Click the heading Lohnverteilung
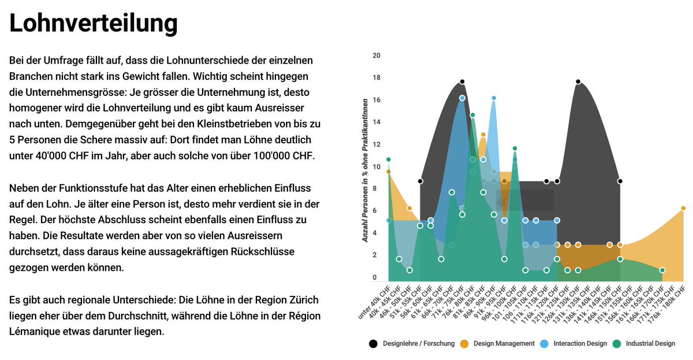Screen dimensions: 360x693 point(94,23)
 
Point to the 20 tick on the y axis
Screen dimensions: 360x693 point(377,56)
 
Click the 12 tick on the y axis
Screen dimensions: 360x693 point(377,145)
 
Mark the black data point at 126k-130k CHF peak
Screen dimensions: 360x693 point(578,81)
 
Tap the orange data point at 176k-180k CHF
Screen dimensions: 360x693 point(683,208)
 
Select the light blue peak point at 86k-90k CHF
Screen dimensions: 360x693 point(494,98)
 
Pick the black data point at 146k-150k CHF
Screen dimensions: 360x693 point(620,181)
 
